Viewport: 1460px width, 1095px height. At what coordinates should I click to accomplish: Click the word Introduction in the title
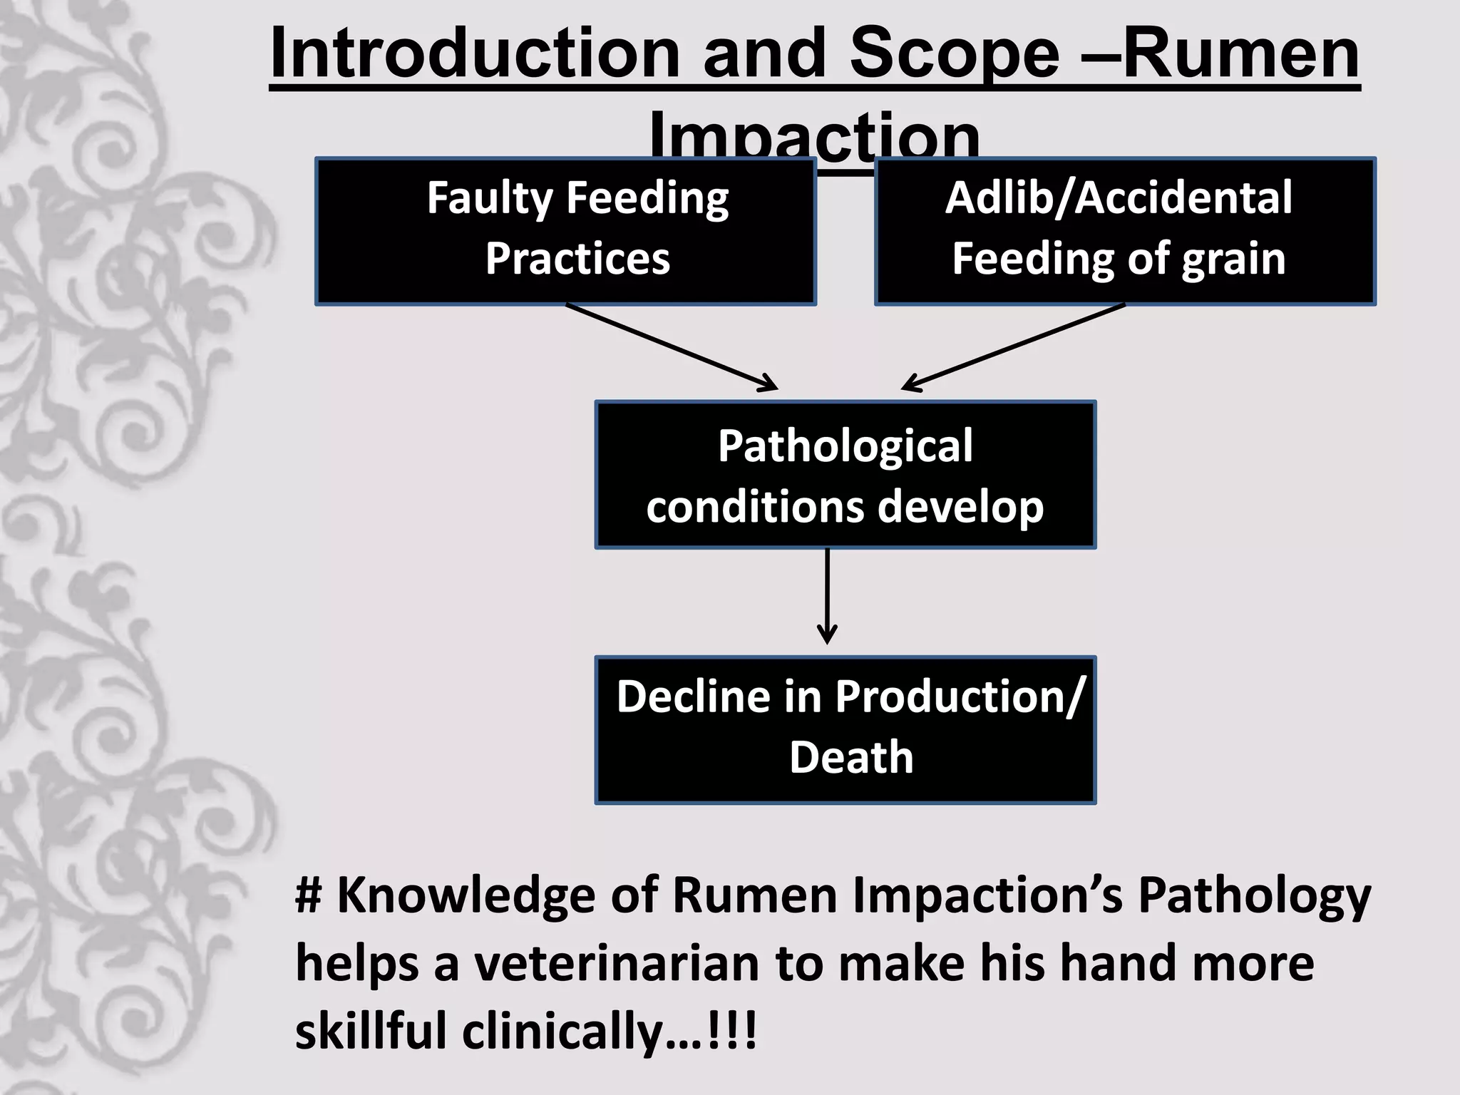(x=475, y=53)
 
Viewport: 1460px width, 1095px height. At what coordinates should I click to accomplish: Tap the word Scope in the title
(x=955, y=53)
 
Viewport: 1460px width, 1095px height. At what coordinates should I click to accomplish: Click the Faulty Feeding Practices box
(x=565, y=232)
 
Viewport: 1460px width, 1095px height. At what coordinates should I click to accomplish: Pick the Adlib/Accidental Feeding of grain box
(x=1125, y=232)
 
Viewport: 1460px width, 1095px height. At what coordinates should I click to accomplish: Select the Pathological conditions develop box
(x=845, y=475)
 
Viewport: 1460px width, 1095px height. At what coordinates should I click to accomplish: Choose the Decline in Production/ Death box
(x=845, y=730)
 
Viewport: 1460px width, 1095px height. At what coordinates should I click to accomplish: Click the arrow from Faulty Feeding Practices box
(x=670, y=347)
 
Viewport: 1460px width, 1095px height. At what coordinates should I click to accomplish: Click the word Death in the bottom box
(x=851, y=757)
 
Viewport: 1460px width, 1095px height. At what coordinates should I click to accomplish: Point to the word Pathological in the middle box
(x=845, y=446)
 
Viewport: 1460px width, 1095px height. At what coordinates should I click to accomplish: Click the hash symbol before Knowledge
(x=309, y=895)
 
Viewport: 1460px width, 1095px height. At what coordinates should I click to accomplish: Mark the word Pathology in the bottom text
(x=1254, y=895)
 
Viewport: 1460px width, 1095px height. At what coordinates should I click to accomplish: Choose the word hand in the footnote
(x=1115, y=964)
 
